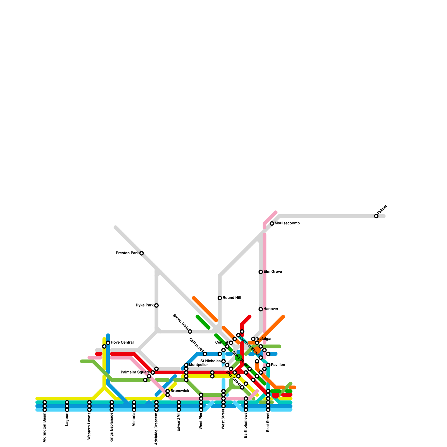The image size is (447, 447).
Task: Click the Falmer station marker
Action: coord(376,216)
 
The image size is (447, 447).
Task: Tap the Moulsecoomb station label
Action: coord(287,223)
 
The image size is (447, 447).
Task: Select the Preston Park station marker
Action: coord(142,253)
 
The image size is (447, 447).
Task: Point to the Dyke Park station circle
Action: coord(156,305)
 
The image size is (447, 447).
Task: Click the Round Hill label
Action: coord(232,298)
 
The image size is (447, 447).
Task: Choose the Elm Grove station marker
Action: coord(261,272)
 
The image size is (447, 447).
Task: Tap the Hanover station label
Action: coord(270,309)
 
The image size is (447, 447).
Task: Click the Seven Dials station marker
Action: coord(190,332)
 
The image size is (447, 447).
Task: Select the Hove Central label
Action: coord(122,343)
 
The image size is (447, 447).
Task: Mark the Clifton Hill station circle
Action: coord(205,354)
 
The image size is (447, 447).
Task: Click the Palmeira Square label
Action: coord(135,372)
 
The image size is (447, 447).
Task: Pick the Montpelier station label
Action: coord(198,365)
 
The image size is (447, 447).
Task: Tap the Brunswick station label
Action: coord(180,391)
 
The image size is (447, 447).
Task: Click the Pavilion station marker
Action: coord(268,365)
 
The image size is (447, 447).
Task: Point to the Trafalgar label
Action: coord(264,339)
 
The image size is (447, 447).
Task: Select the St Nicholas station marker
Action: coord(223,362)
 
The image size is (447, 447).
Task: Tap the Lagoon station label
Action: coord(67,419)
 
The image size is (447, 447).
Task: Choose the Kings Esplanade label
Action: coord(112,427)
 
